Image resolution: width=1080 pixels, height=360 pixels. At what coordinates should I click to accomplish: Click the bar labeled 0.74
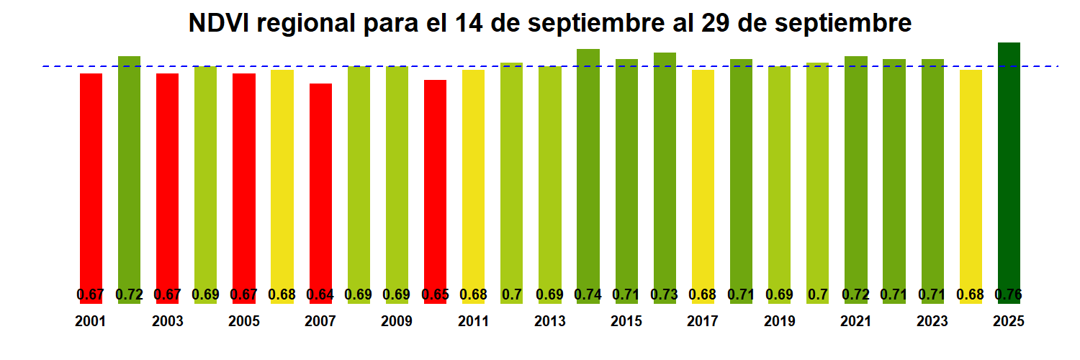click(x=588, y=166)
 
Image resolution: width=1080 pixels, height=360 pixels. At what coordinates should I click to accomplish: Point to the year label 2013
click(x=550, y=321)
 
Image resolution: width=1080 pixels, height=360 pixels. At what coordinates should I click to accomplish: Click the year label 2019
click(x=779, y=321)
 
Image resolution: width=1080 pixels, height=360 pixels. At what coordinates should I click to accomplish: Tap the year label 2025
click(x=1009, y=321)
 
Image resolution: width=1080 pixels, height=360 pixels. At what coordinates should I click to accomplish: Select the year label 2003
click(x=167, y=321)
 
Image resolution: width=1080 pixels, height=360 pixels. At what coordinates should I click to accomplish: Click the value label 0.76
click(x=1009, y=294)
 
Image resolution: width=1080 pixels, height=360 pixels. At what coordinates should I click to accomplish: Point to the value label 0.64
click(x=320, y=294)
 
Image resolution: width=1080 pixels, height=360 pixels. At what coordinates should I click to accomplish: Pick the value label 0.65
click(x=435, y=294)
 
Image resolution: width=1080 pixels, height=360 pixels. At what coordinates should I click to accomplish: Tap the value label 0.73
click(x=665, y=294)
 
